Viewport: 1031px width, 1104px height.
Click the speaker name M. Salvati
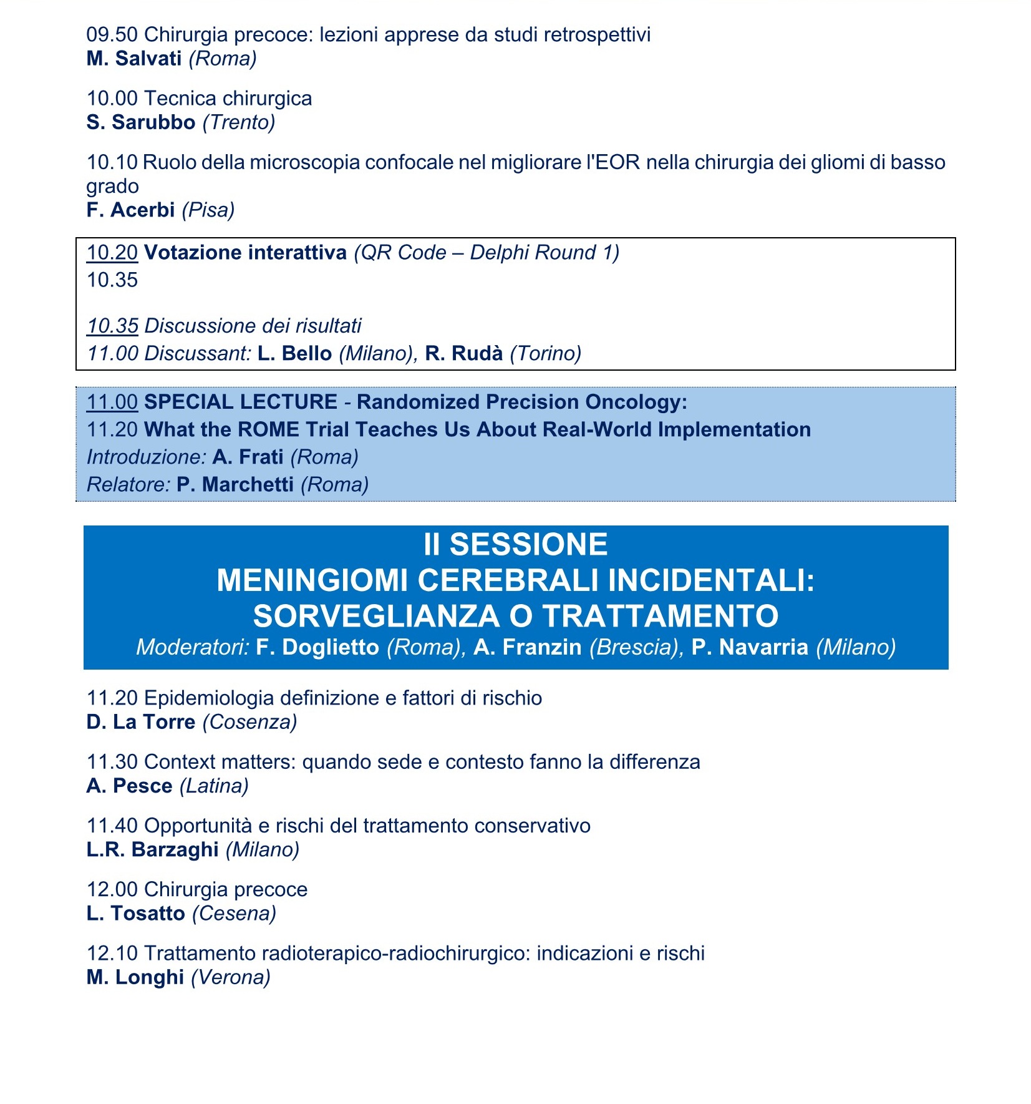pos(133,59)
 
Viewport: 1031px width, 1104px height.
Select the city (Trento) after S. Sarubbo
pos(239,122)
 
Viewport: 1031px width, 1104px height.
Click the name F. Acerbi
pos(130,210)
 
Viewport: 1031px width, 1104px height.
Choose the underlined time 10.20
pos(112,253)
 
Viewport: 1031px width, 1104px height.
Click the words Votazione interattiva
pos(245,253)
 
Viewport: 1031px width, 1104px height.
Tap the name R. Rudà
pos(463,354)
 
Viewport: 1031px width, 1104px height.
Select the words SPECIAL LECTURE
pos(241,402)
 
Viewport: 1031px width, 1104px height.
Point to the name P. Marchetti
pos(235,484)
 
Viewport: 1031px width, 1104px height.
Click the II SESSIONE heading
pos(515,544)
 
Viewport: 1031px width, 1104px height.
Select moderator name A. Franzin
pos(527,647)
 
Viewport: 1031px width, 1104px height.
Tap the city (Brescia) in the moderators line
pos(633,647)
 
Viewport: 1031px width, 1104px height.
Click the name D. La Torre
pos(141,722)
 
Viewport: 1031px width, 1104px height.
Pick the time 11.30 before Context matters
pos(112,762)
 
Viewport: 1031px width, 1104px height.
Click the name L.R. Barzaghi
pos(152,849)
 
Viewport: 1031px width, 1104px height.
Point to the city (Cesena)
pos(234,914)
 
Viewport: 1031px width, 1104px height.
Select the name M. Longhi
pos(135,977)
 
